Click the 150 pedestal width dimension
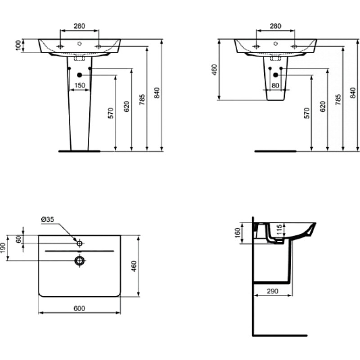pos(80,85)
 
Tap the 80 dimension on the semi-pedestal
pos(275,85)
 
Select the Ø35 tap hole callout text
pos(48,220)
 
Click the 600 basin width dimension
pos(80,308)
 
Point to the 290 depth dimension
pos(273,291)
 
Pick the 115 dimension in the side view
pos(279,230)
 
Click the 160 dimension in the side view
pos(238,233)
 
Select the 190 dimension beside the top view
pos(3,248)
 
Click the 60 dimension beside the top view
pos(19,239)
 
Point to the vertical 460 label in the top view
pos(134,266)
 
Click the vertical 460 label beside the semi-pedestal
pos(214,70)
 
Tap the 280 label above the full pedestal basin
pos(80,26)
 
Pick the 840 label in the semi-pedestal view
pos(353,93)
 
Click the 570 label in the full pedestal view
pos(111,113)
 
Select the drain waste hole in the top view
pos(80,261)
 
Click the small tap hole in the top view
pos(80,243)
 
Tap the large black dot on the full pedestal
pos(80,75)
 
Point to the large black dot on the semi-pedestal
pos(275,75)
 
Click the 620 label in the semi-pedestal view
pos(323,106)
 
